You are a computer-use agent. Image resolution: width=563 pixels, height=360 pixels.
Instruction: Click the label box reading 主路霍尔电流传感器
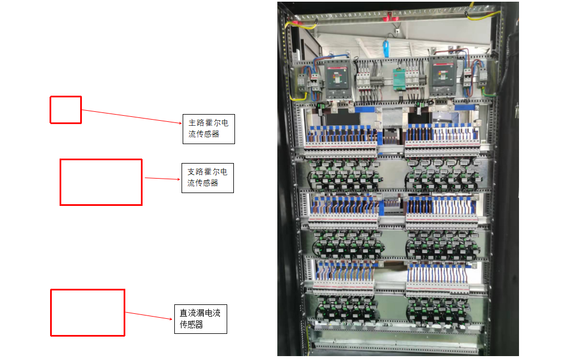point(208,129)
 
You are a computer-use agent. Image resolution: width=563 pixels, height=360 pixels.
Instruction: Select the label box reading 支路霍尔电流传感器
point(207,178)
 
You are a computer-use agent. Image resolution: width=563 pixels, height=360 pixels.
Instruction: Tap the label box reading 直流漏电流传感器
point(200,319)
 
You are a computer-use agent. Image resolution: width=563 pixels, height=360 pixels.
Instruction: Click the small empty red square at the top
point(66,110)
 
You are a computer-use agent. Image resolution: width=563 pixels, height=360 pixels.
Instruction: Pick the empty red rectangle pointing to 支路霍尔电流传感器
point(101,182)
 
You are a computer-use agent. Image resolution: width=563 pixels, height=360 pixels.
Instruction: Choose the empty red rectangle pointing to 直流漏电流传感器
point(87,313)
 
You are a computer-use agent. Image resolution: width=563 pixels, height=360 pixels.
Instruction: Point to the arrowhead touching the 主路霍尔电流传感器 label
point(179,123)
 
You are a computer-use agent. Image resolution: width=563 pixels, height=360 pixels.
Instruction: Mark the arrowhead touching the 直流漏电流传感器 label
point(171,319)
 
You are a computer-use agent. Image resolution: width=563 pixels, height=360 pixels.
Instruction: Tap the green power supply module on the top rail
point(399,79)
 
